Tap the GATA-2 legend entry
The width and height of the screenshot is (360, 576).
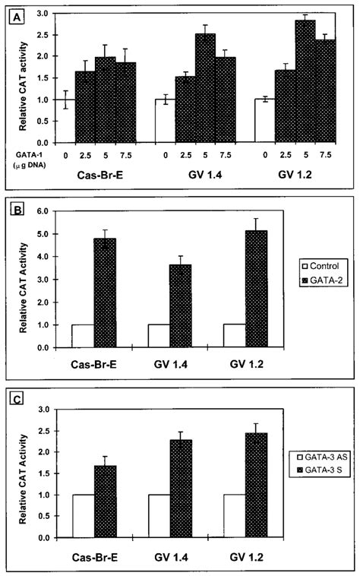click(x=314, y=280)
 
